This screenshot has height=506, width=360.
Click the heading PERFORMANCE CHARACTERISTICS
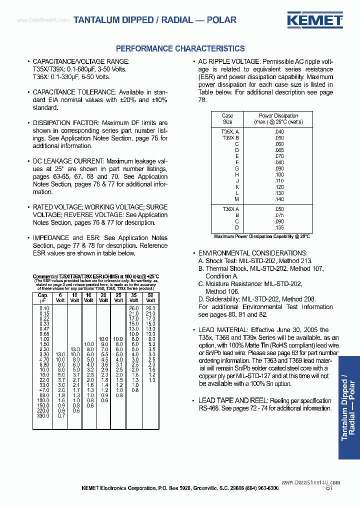(x=180, y=48)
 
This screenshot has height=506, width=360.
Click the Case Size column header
(x=227, y=118)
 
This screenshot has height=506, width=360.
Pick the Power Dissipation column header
(x=278, y=118)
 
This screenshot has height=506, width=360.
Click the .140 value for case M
(x=279, y=199)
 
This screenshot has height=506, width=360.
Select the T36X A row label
(x=230, y=209)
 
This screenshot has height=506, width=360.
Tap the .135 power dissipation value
(x=279, y=227)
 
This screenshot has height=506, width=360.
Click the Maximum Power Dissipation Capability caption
(x=261, y=236)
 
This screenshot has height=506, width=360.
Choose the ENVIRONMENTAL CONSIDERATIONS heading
(x=253, y=253)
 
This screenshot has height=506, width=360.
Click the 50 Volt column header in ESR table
(x=149, y=298)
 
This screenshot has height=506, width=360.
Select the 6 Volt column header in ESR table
(x=60, y=298)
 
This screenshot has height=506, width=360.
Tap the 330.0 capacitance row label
(x=44, y=415)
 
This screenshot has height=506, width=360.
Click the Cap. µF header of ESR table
(x=43, y=298)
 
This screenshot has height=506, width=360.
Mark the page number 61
(x=329, y=488)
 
